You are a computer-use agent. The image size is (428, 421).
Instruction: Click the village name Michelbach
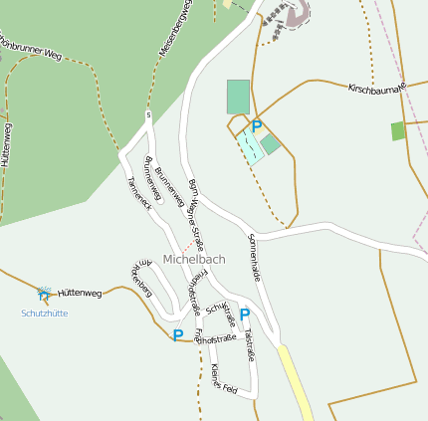point(194,259)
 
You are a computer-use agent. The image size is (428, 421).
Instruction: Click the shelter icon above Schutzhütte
point(44,294)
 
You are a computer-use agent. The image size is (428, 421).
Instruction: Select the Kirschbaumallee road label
point(377,90)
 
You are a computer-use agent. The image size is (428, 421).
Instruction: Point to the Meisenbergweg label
point(172,29)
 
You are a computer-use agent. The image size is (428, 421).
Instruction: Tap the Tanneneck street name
point(138,192)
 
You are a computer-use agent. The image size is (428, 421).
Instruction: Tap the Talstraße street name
point(249,344)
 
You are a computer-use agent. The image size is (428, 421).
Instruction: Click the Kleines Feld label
point(223,377)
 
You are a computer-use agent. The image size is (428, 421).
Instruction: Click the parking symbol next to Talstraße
point(245,315)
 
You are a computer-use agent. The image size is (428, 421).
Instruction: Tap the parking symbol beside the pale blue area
point(256,126)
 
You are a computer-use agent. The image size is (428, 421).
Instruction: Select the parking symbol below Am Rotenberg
point(178,335)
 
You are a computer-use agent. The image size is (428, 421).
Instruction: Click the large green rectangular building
point(238,97)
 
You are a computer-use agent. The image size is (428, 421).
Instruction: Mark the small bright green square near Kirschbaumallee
point(398,130)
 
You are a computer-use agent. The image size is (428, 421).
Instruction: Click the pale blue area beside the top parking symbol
point(250,145)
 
